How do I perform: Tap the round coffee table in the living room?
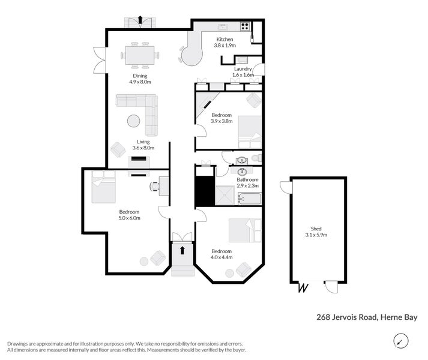[133, 121]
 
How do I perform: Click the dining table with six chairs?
[139, 55]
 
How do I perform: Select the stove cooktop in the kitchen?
[245, 26]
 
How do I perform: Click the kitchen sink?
[223, 26]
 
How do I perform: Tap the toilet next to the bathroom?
[256, 158]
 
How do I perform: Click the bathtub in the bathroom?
[250, 199]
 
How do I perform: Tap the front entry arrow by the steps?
[182, 249]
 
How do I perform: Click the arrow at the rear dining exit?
[140, 20]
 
